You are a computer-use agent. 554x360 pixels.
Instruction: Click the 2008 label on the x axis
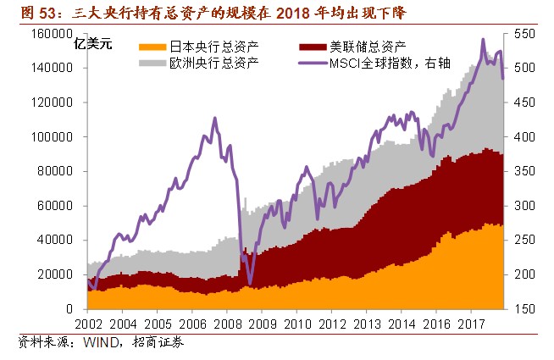[x=228, y=324]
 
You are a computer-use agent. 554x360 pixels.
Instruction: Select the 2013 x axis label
[x=368, y=324]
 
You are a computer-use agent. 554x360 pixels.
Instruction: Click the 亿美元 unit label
[x=93, y=46]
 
